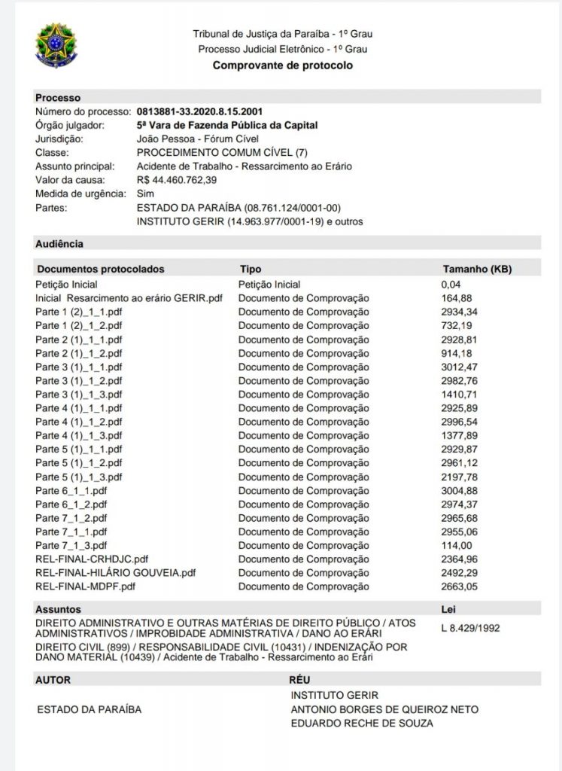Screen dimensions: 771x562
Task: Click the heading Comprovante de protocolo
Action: (x=283, y=66)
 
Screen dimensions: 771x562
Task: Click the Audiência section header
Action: (x=59, y=243)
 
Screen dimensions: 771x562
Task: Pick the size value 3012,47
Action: (x=460, y=367)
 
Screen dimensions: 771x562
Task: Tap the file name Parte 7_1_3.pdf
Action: (x=71, y=545)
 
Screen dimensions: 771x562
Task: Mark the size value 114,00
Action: (x=457, y=545)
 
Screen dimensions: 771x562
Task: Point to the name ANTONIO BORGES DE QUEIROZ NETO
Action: (x=384, y=709)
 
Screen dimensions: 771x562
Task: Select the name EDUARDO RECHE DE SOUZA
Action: (x=363, y=724)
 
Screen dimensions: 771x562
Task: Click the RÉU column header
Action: (x=289, y=679)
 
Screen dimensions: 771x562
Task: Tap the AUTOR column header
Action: (x=53, y=679)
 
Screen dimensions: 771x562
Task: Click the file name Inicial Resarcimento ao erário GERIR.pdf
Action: (x=129, y=298)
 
